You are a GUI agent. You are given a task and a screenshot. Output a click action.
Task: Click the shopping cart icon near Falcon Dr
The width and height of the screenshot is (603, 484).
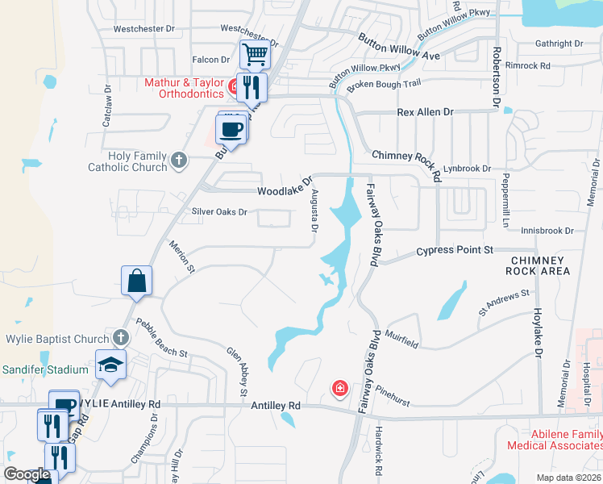coord(255,55)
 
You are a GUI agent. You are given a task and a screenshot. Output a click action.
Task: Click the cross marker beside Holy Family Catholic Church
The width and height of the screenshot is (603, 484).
coord(179,161)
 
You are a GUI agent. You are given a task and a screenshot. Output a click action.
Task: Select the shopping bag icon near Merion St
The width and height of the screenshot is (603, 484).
coord(136,281)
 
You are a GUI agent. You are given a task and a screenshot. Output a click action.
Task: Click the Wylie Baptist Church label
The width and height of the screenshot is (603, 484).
coord(57,339)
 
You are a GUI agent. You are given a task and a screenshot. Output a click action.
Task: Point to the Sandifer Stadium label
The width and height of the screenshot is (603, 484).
coord(44,369)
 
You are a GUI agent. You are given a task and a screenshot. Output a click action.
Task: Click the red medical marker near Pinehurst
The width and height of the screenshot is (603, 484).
coord(340,390)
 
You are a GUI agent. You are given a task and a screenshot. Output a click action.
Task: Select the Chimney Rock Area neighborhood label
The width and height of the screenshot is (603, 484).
coord(539,265)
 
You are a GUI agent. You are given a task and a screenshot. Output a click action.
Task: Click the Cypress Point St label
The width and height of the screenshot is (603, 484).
coord(455,251)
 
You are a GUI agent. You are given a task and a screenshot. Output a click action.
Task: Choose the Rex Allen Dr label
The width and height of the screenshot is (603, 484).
coord(426,112)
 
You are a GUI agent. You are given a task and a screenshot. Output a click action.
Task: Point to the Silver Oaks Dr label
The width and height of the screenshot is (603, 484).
coord(218,211)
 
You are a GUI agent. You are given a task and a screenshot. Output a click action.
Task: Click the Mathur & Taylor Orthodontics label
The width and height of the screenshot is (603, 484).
coord(183,88)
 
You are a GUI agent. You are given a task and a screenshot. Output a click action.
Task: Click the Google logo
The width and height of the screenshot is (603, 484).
coord(26,474)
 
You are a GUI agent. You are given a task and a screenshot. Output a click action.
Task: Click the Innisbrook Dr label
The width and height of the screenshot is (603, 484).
coord(547,231)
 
